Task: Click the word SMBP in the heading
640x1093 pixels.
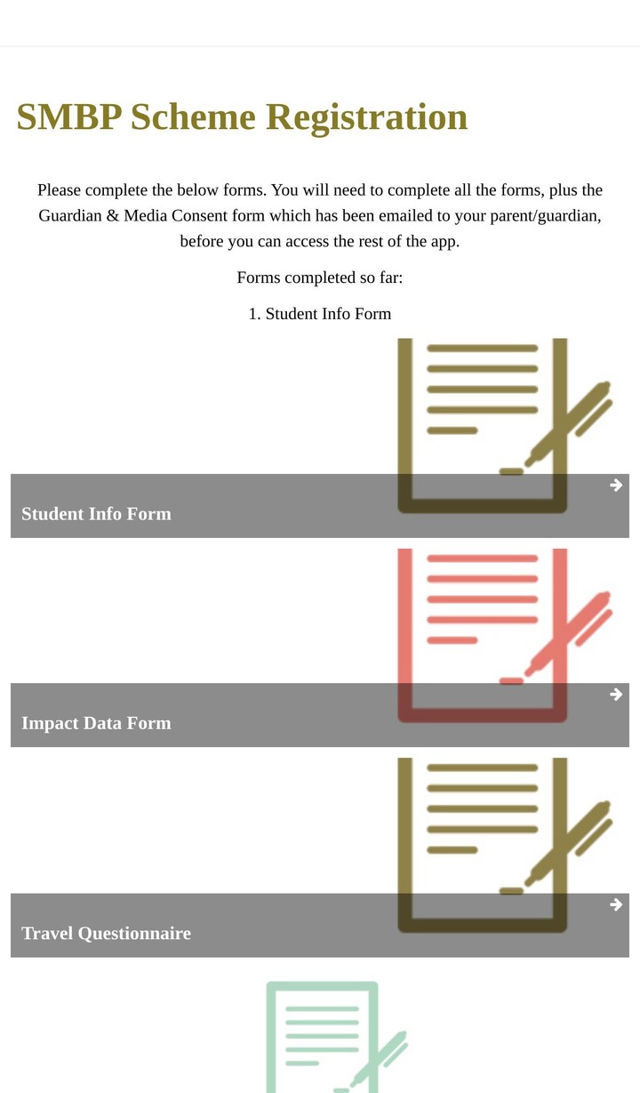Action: (69, 117)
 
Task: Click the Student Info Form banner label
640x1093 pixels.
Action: (96, 514)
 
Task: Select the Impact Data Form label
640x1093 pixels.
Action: (96, 723)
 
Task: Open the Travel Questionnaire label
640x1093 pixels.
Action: (106, 934)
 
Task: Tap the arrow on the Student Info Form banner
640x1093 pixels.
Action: (616, 485)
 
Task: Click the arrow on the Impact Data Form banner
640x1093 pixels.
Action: (616, 694)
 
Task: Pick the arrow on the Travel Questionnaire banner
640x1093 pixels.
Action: (616, 904)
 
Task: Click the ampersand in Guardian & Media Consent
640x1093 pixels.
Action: (112, 216)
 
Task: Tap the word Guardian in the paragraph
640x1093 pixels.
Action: (69, 216)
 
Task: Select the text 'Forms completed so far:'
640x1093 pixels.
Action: (320, 277)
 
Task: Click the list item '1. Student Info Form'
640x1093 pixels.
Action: (320, 314)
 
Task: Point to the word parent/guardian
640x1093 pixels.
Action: (546, 216)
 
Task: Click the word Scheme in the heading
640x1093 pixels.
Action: (193, 117)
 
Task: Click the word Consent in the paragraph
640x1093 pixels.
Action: (199, 216)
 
